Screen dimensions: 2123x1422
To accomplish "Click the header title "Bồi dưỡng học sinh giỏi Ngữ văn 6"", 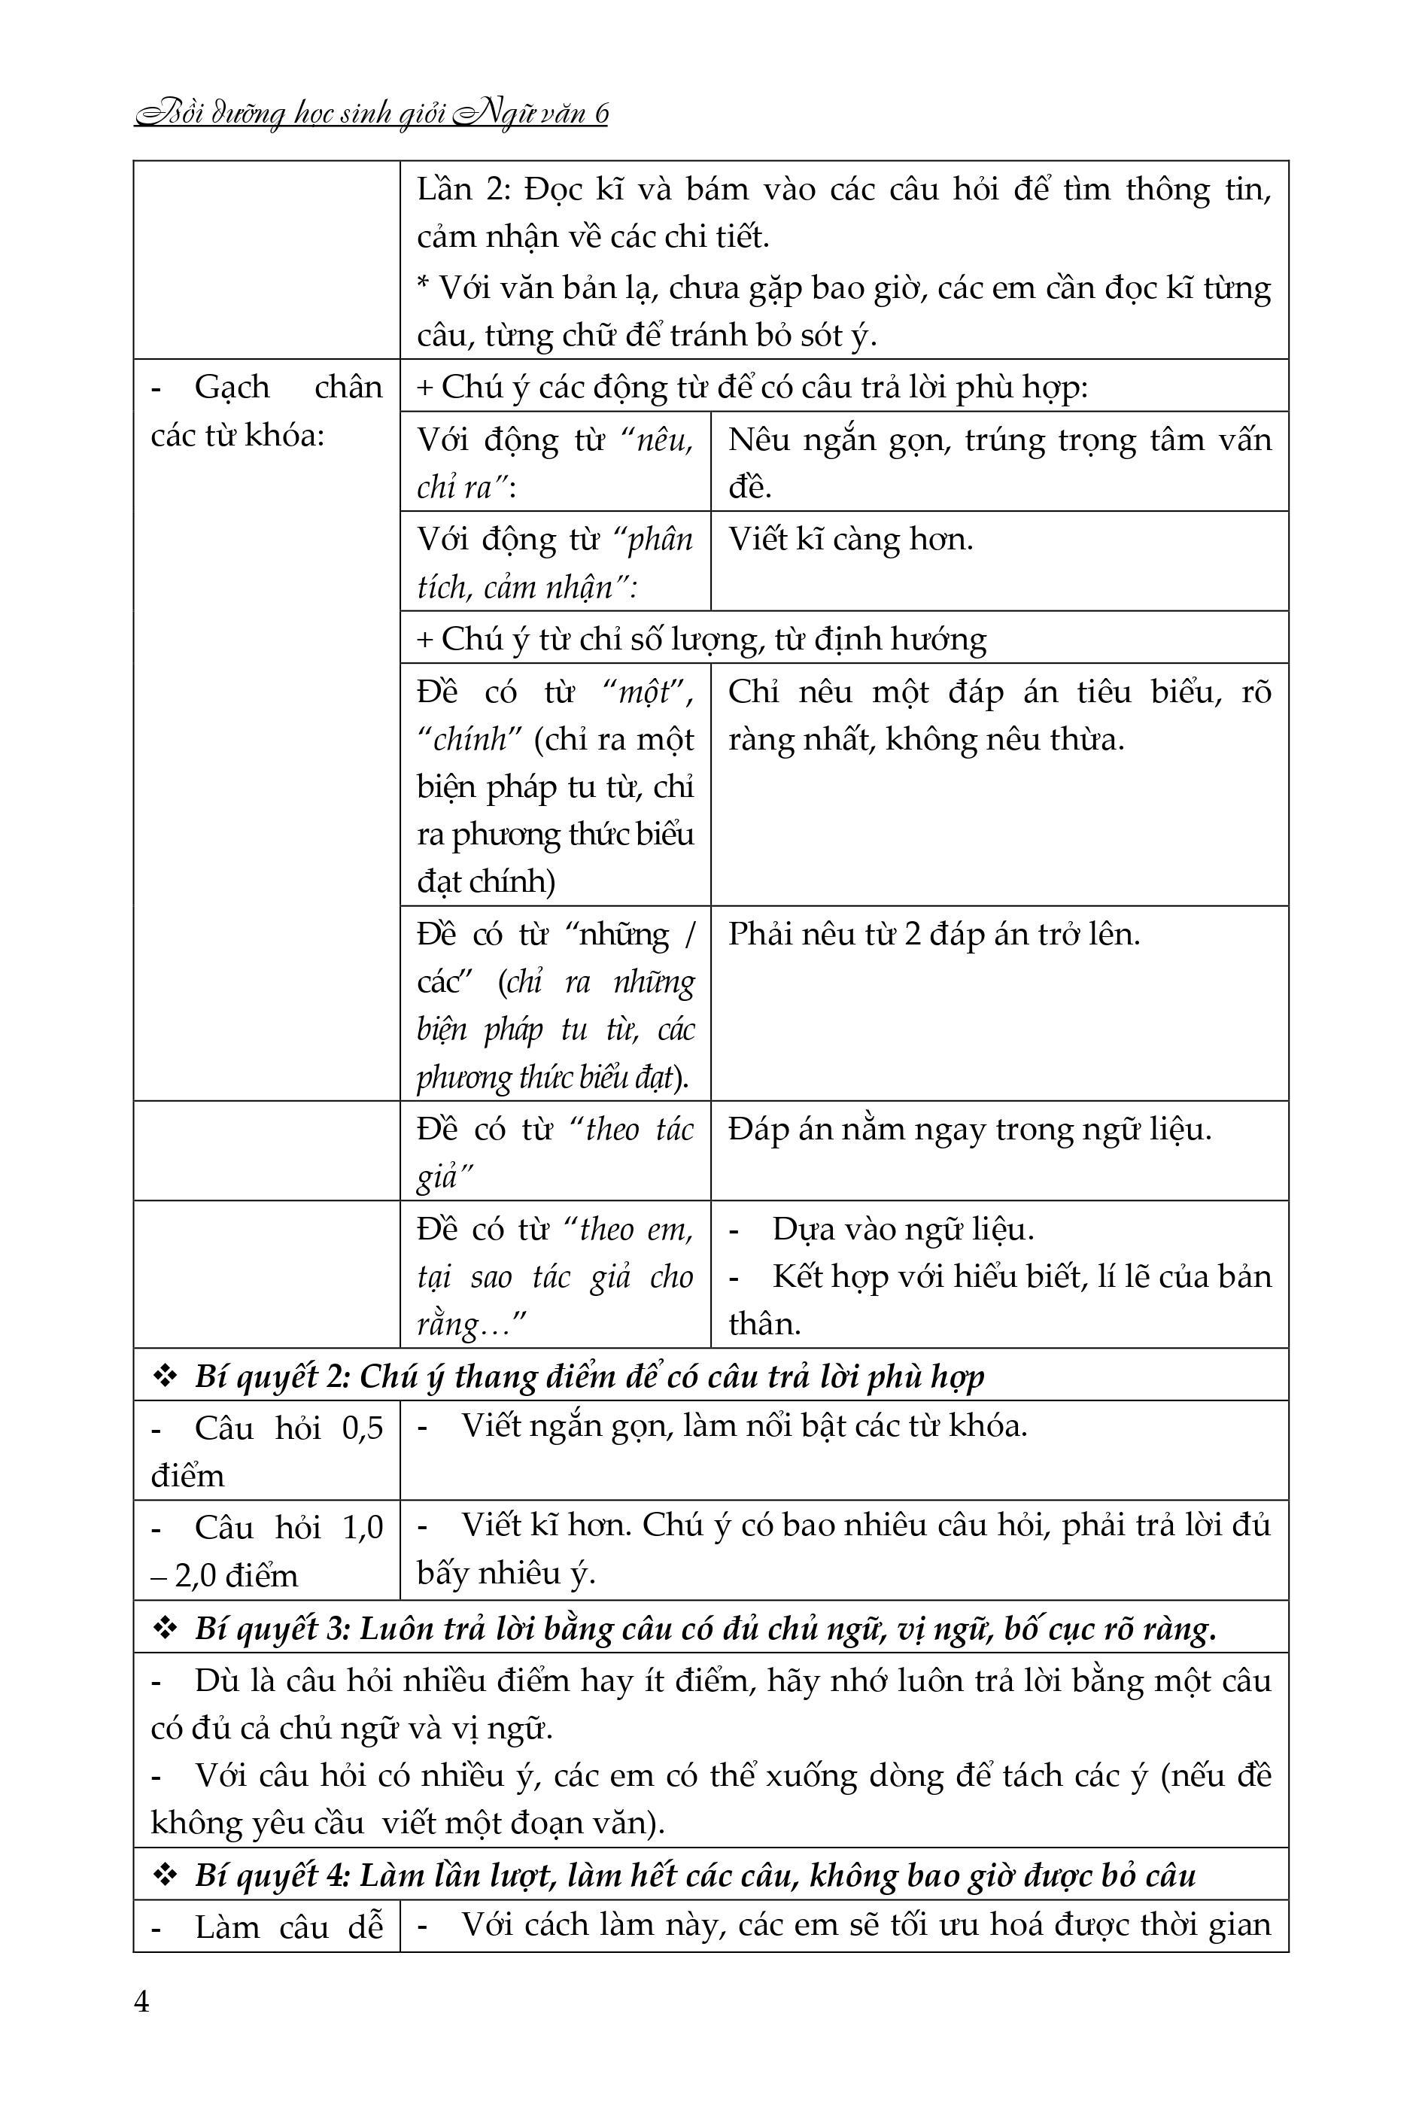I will [x=371, y=114].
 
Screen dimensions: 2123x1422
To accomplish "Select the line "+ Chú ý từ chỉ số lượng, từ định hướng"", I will [x=701, y=640].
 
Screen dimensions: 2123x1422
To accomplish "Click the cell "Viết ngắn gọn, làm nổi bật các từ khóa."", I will [x=743, y=1425].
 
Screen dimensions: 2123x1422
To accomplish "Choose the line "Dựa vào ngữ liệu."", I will [x=902, y=1230].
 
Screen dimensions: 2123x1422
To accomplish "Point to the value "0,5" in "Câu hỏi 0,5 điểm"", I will [x=363, y=1428].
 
